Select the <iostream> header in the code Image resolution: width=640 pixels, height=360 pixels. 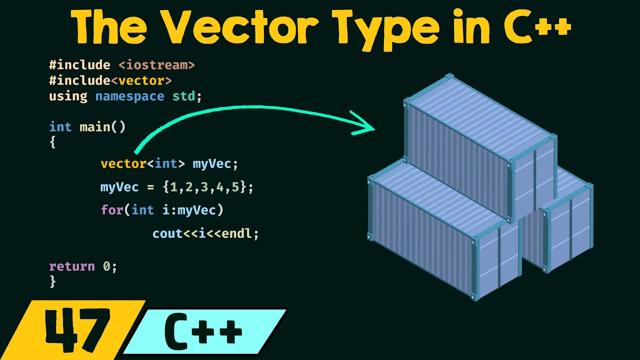(x=156, y=65)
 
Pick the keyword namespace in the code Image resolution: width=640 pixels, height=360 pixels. (x=129, y=96)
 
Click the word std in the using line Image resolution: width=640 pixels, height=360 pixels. (x=183, y=96)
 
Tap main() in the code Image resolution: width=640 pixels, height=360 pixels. (x=102, y=127)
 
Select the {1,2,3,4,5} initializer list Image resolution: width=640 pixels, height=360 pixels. (x=204, y=187)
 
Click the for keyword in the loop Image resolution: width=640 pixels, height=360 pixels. (x=112, y=210)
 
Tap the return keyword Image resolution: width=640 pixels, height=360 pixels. (x=72, y=266)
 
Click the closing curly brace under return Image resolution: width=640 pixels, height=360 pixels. (x=53, y=281)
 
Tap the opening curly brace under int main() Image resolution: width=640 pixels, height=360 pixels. (x=53, y=142)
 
